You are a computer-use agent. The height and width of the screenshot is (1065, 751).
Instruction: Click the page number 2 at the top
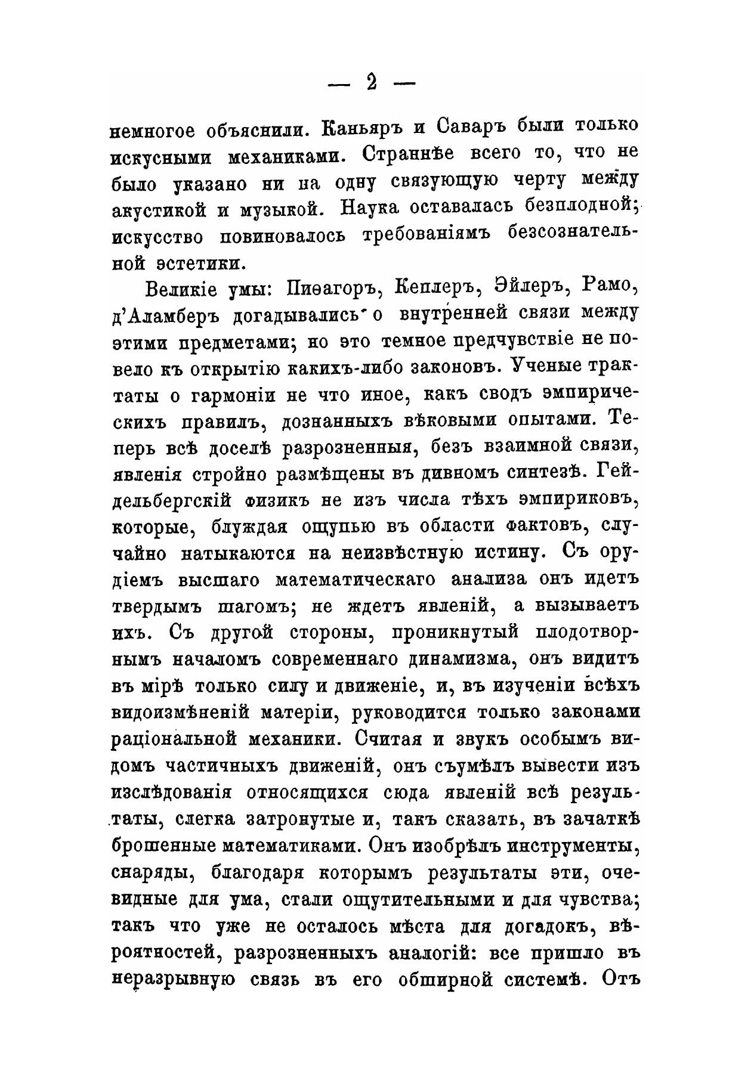tap(372, 83)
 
